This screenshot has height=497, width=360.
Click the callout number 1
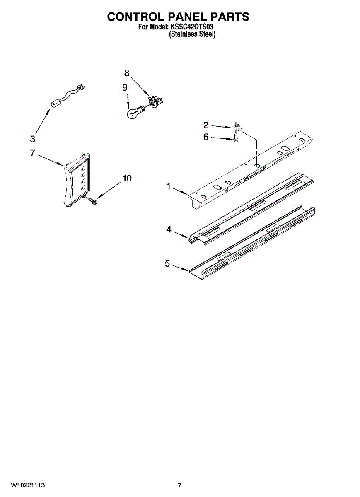click(x=169, y=187)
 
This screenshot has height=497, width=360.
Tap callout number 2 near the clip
click(x=205, y=125)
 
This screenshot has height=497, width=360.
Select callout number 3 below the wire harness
click(x=33, y=139)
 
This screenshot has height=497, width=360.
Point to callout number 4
click(x=169, y=230)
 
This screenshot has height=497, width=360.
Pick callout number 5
click(x=167, y=263)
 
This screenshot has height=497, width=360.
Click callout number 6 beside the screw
click(x=206, y=137)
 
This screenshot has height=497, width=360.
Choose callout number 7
click(x=32, y=153)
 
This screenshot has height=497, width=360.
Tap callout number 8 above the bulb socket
click(x=127, y=73)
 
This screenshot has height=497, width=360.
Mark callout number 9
click(x=125, y=87)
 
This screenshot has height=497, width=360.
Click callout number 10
click(x=127, y=179)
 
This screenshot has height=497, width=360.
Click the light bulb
click(x=135, y=112)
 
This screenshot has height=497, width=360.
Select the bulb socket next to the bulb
click(x=155, y=102)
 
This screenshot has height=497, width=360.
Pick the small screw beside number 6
click(x=236, y=137)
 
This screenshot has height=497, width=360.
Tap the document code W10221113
click(x=27, y=485)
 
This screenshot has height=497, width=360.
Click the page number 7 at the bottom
click(x=179, y=485)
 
